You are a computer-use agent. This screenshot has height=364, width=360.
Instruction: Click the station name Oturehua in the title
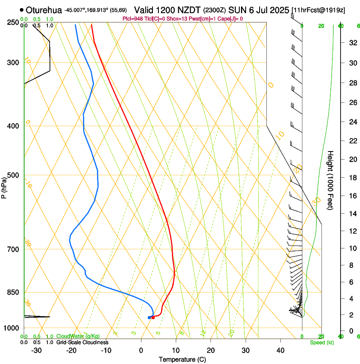click(44, 10)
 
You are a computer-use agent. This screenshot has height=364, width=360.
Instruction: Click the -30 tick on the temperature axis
click(36, 350)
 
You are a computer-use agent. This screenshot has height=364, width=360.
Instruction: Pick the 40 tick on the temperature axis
click(280, 350)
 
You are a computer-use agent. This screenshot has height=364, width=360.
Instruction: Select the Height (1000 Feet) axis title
click(331, 180)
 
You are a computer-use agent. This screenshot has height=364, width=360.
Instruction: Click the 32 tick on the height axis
click(352, 42)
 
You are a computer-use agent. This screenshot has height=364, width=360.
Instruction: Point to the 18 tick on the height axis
click(352, 178)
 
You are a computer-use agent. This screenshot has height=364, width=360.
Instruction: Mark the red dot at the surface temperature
click(153, 317)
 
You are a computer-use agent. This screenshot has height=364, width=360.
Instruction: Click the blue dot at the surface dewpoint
click(149, 317)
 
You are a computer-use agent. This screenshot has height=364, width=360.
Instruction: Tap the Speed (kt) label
click(321, 342)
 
